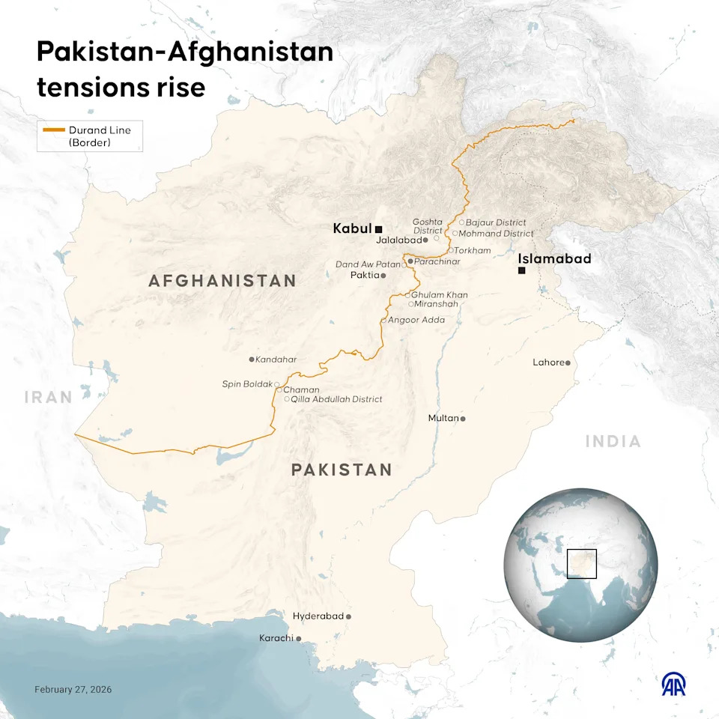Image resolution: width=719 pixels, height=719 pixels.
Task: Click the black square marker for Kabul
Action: click(379, 229)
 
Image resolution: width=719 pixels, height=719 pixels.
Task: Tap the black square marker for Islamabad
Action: click(521, 270)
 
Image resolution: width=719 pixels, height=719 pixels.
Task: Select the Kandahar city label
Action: click(276, 359)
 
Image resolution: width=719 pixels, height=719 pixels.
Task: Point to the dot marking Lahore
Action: click(568, 363)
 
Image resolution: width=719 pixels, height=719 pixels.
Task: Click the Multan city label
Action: click(443, 418)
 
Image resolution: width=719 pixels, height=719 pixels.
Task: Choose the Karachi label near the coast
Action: click(276, 638)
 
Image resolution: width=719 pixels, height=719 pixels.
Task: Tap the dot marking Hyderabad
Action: click(348, 616)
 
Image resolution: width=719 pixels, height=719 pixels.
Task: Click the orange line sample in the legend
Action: click(54, 130)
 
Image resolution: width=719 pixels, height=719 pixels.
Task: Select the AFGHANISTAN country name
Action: click(222, 281)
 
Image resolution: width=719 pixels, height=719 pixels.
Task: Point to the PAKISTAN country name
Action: click(342, 470)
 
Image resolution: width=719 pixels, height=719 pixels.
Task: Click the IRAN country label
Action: click(48, 397)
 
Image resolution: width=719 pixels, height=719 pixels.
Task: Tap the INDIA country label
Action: click(613, 441)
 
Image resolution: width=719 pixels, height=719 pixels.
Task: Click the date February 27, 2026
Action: click(73, 689)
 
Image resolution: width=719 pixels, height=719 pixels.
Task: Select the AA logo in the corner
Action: click(673, 684)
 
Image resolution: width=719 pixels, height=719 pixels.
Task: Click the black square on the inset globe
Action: click(581, 563)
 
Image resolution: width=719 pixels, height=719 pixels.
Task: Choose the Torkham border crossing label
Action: click(473, 250)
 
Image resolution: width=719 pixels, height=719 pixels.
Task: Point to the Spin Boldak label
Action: click(247, 384)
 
